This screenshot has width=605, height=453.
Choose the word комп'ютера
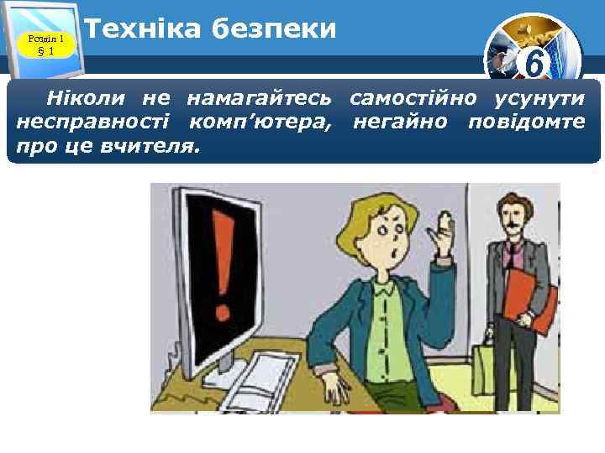pyautogui.click(x=260, y=123)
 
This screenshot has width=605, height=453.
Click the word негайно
pyautogui.click(x=398, y=123)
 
